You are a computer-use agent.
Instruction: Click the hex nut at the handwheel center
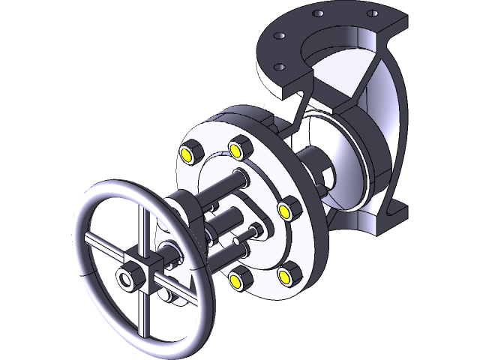124,280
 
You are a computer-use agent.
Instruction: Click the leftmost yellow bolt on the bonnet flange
185,155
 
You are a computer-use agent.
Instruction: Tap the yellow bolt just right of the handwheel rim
236,280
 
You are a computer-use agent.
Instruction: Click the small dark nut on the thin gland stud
257,229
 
